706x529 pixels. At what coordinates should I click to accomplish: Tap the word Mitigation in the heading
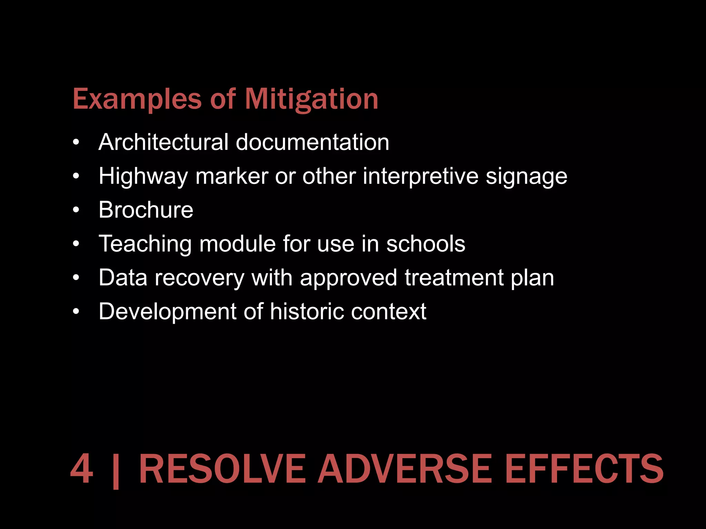coord(312,100)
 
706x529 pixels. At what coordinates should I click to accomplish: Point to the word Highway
coord(143,176)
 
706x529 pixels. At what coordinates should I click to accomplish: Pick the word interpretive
coord(421,176)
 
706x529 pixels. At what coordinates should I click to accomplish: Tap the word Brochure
coord(146,210)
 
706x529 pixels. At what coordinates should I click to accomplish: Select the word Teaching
coord(145,244)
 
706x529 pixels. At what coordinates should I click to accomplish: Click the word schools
coord(426,243)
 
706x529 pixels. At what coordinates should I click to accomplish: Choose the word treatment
coord(454,278)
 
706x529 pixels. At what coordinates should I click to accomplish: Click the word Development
coord(168,312)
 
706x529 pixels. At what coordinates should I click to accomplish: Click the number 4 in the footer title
coord(82,469)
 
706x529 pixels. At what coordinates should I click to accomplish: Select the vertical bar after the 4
coord(116,470)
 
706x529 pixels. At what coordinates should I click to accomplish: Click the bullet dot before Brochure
coord(76,210)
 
